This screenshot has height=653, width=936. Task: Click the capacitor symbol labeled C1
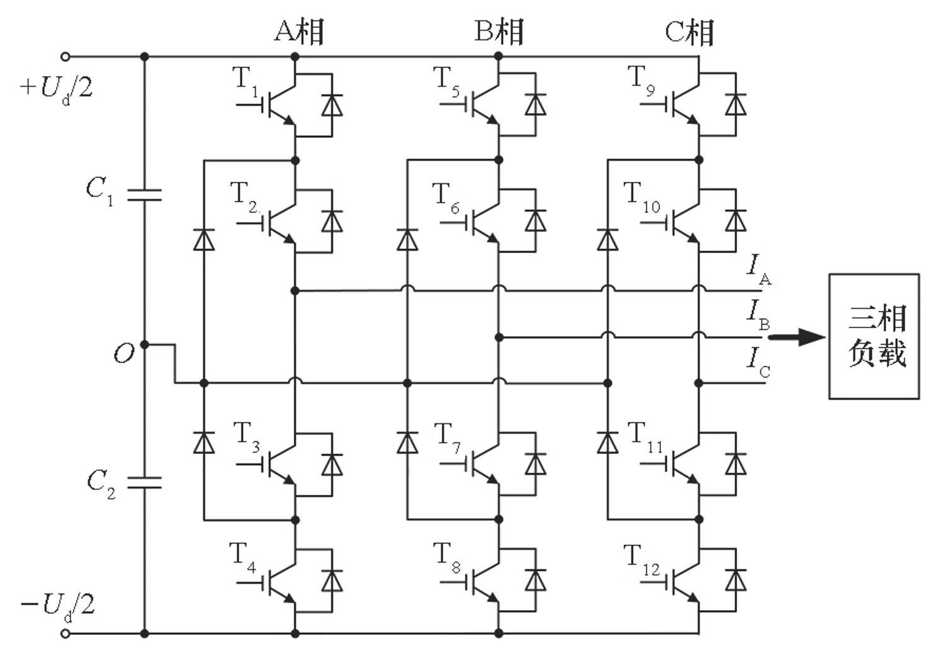point(144,195)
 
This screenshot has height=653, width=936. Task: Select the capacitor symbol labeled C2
point(144,483)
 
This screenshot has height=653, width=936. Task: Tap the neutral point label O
point(124,354)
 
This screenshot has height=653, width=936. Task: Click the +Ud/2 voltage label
point(57,87)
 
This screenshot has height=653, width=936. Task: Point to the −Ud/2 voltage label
point(58,605)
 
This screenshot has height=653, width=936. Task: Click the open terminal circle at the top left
point(65,57)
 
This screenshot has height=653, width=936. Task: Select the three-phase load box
point(874,336)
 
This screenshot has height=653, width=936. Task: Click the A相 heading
point(299,31)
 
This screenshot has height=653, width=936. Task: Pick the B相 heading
point(499,31)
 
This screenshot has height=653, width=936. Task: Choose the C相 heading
point(690,31)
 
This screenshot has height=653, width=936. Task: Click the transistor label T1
point(246,81)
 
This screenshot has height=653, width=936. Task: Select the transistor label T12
point(642,559)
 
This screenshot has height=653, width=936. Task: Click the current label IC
point(758,362)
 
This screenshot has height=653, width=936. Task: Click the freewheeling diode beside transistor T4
point(332,580)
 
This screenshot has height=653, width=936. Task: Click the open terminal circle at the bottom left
point(65,633)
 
